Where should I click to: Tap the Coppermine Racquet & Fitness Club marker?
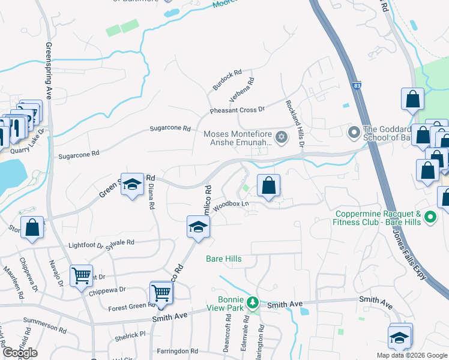[x=430, y=217]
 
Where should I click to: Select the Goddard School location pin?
[x=354, y=131]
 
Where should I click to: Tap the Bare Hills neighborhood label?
[x=224, y=259]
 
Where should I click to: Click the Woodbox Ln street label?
[x=231, y=204]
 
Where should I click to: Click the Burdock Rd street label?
[x=226, y=81]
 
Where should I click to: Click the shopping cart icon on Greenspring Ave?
[x=81, y=276]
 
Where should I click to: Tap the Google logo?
[x=20, y=353]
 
